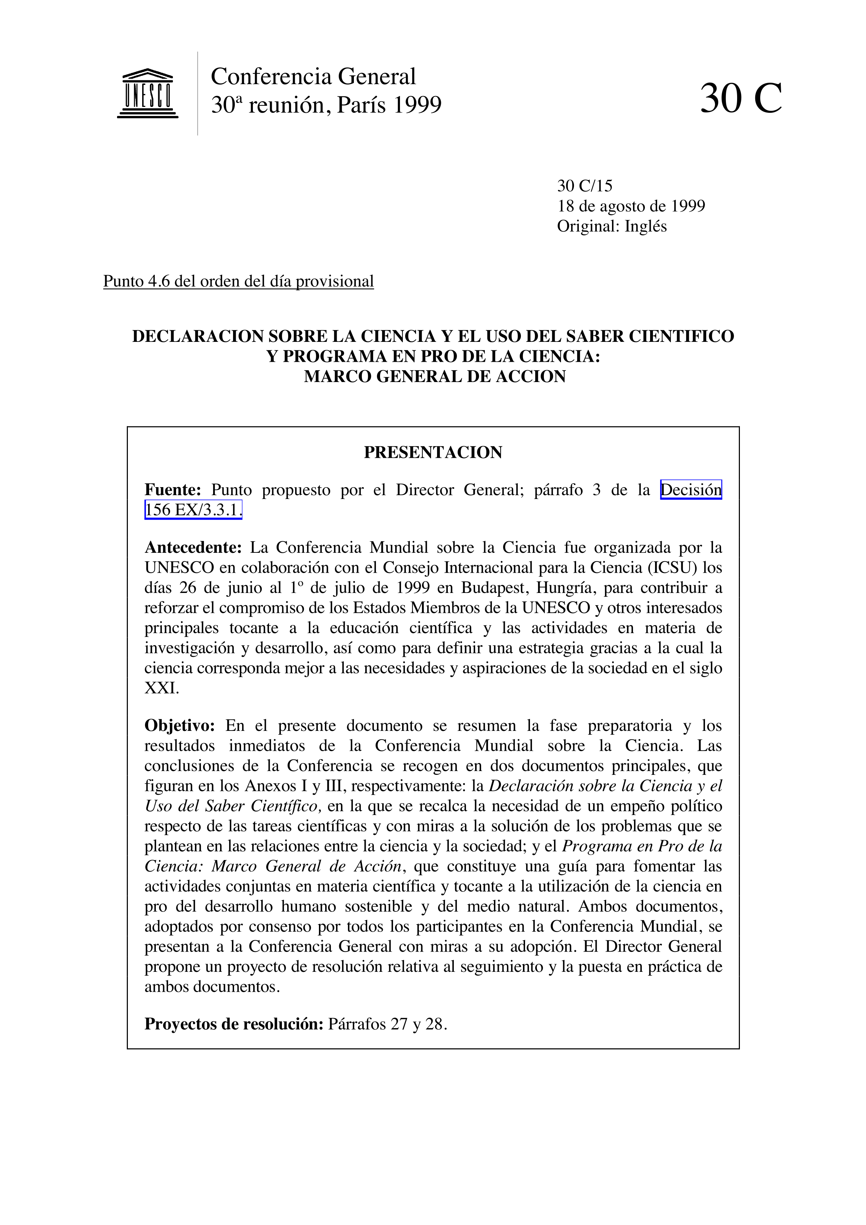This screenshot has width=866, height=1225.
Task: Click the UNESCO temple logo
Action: pos(147,93)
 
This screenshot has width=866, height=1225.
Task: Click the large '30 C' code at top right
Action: pos(741,99)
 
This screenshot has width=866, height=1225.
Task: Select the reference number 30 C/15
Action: pos(585,186)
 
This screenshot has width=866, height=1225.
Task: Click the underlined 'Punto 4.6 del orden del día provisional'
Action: pos(239,281)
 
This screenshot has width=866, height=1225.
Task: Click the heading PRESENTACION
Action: pos(433,453)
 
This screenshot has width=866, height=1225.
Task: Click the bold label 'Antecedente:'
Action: pos(193,548)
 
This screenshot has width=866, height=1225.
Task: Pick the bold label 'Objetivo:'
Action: pos(179,726)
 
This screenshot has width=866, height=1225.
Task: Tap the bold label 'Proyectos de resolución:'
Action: pos(234,1024)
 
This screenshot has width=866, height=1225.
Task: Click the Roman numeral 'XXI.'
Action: pos(162,688)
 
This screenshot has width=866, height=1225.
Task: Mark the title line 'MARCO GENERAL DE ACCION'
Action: pos(434,377)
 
